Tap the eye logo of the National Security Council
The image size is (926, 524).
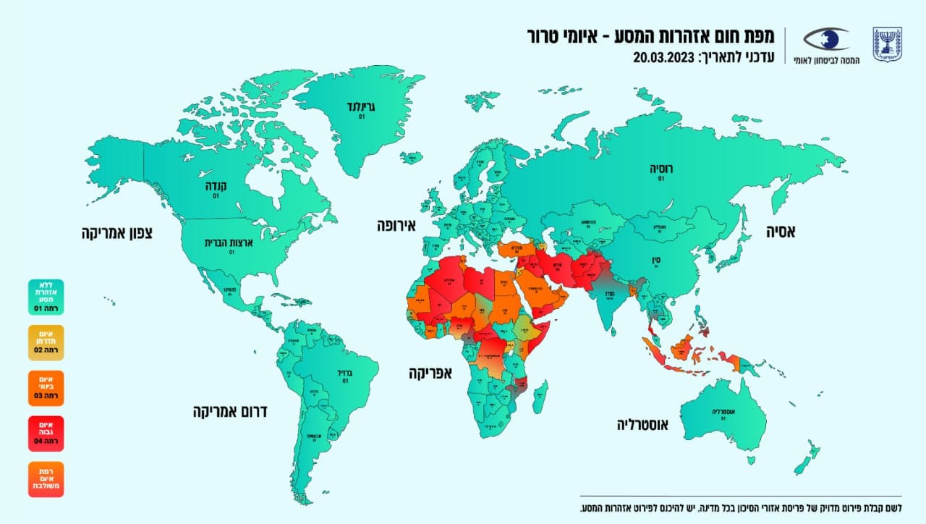(x=827, y=39)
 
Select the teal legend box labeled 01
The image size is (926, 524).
(x=46, y=297)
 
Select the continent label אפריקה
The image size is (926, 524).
(x=430, y=373)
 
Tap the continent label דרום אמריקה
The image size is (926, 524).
(x=230, y=412)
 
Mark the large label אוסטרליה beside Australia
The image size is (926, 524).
(x=642, y=424)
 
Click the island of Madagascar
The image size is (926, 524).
(x=539, y=397)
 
